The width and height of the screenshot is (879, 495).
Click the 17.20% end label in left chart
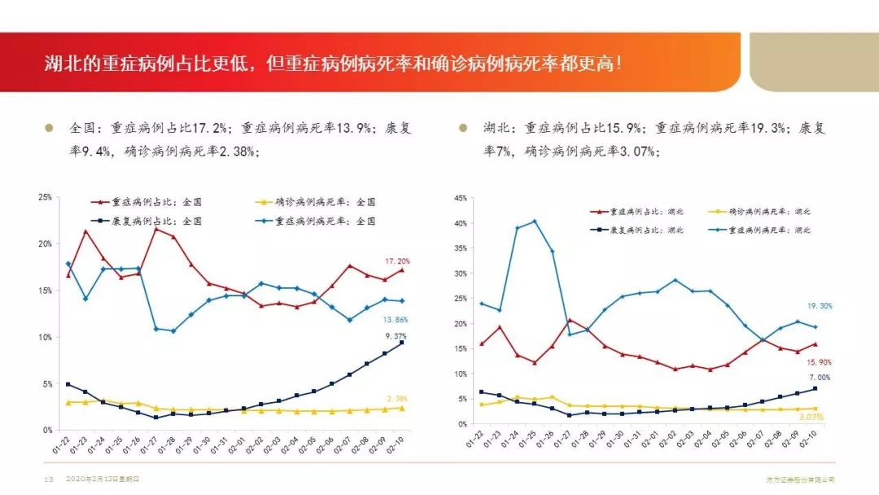pyautogui.click(x=397, y=261)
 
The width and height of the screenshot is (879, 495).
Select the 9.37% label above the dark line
pyautogui.click(x=396, y=335)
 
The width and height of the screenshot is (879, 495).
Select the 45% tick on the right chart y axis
pyautogui.click(x=461, y=198)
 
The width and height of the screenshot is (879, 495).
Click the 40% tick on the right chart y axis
pyautogui.click(x=461, y=223)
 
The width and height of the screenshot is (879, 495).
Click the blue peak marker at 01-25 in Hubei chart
pyautogui.click(x=534, y=221)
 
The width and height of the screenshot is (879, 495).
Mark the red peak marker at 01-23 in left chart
pyautogui.click(x=85, y=231)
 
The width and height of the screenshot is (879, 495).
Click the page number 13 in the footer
pyautogui.click(x=37, y=480)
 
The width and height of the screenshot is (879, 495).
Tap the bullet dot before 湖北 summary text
pyautogui.click(x=463, y=128)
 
